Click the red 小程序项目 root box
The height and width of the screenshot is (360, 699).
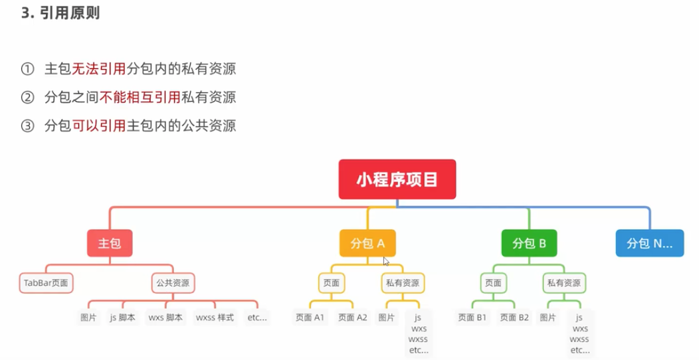397,179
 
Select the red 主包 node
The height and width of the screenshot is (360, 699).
110,244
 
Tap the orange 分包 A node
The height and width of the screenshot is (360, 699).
367,244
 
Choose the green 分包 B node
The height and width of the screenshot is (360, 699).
529,244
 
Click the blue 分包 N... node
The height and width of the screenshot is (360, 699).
649,244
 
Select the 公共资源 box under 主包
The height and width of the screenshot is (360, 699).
173,282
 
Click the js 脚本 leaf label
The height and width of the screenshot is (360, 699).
122,317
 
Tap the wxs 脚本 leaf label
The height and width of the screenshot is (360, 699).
165,317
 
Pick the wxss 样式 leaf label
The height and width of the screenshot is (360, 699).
215,317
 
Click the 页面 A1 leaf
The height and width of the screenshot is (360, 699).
310,317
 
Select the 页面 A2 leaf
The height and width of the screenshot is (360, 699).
352,317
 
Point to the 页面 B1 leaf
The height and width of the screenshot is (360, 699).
472,317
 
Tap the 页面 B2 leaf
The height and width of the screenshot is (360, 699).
515,317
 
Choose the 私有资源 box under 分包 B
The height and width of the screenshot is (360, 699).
565,282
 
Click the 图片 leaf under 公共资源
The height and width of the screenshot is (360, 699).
88,317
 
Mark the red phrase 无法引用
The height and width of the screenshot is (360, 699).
98,69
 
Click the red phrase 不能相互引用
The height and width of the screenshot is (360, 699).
140,98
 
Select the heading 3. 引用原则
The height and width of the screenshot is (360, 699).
60,13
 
